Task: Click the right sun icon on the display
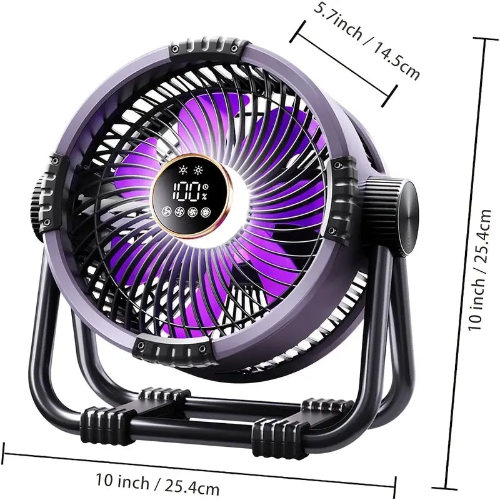pyautogui.click(x=199, y=170)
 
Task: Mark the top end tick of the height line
pyautogui.click(x=486, y=39)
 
